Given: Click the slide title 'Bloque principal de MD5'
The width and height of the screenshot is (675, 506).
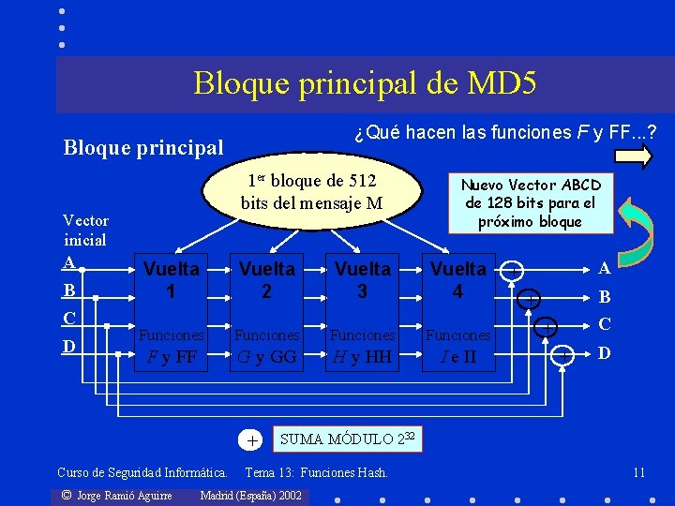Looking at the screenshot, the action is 365,83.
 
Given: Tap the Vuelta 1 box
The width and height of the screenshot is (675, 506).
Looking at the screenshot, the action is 171,280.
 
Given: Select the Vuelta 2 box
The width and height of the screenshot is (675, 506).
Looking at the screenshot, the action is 266,280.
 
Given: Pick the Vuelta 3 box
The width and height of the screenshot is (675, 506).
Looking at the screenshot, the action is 362,280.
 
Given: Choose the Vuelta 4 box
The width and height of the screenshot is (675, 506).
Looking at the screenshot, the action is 457,280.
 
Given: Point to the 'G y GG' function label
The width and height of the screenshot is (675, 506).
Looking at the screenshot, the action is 266,356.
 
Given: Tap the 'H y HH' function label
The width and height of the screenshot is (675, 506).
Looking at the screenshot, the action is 362,356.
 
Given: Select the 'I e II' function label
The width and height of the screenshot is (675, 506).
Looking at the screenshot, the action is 457,356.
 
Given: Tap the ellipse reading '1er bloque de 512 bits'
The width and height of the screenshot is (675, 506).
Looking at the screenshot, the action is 311,191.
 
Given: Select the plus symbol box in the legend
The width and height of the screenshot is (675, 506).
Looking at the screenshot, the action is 252,439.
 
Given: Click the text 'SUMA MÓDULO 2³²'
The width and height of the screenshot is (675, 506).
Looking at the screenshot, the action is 349,438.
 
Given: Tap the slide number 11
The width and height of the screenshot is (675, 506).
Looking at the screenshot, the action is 638,471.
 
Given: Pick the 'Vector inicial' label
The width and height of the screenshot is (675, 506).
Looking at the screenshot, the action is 85,230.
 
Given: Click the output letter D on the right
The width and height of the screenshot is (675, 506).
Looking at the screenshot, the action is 605,353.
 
